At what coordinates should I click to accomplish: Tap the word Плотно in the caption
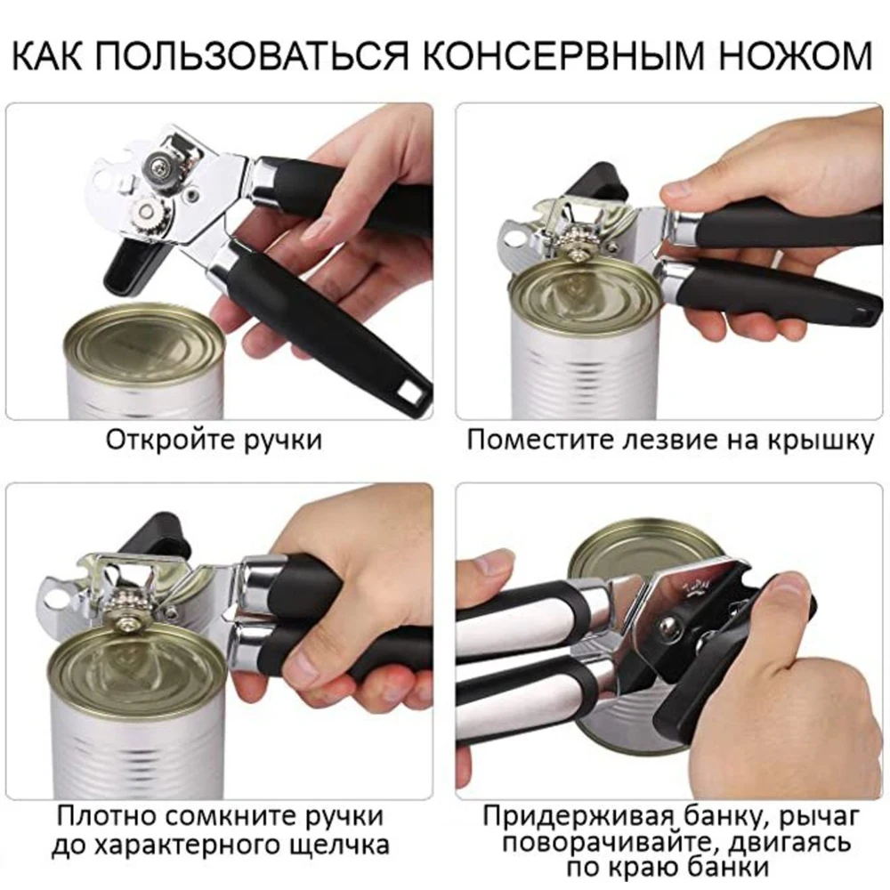pyautogui.click(x=108, y=815)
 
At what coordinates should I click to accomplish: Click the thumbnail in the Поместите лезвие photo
pyautogui.click(x=678, y=190)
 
